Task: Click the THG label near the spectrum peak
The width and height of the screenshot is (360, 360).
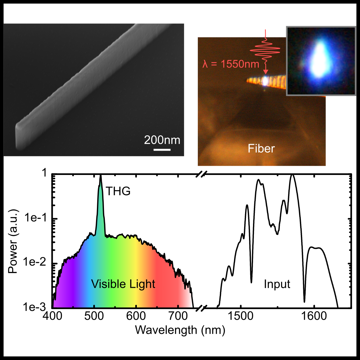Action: point(118,191)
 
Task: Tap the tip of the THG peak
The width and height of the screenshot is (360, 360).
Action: point(101,176)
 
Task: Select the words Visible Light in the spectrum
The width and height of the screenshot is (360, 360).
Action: point(123,284)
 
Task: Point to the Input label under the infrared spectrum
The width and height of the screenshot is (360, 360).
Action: point(277,284)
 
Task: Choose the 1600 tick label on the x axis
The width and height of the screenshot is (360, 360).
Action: point(314,316)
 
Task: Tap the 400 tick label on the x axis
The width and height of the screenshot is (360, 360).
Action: point(52,316)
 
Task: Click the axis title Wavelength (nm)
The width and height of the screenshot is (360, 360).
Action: point(180,330)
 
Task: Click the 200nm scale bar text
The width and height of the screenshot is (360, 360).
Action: point(162,140)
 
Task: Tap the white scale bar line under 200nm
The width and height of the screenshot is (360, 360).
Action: point(162,150)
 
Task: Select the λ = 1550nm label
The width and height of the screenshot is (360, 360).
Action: point(231,64)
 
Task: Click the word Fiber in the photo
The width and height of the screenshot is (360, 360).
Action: point(261,148)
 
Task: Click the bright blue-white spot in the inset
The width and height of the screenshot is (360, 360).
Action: point(319,59)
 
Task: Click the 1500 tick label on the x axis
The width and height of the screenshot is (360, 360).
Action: point(241,316)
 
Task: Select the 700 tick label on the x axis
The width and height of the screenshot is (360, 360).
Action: point(178,316)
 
